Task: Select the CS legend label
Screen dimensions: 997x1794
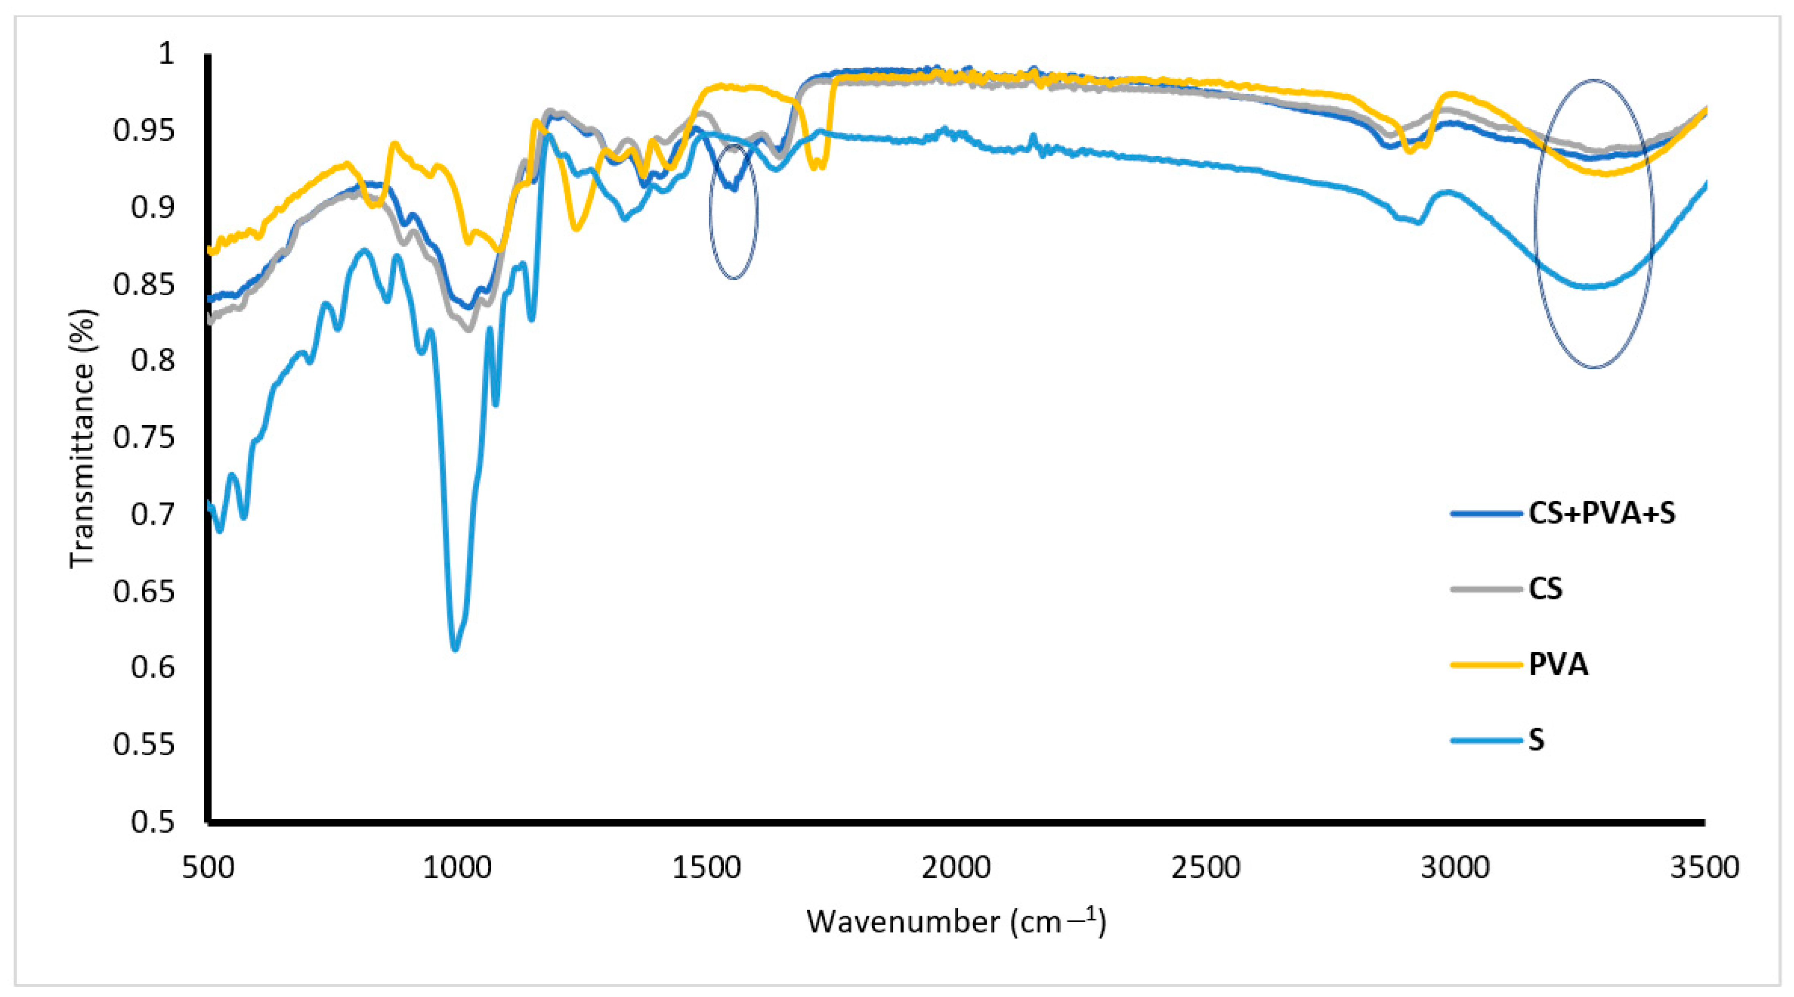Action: [1545, 589]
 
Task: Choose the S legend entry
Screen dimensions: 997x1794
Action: [1536, 739]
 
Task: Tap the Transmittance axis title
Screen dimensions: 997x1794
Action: [82, 439]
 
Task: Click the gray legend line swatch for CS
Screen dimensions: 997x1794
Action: [1486, 589]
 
